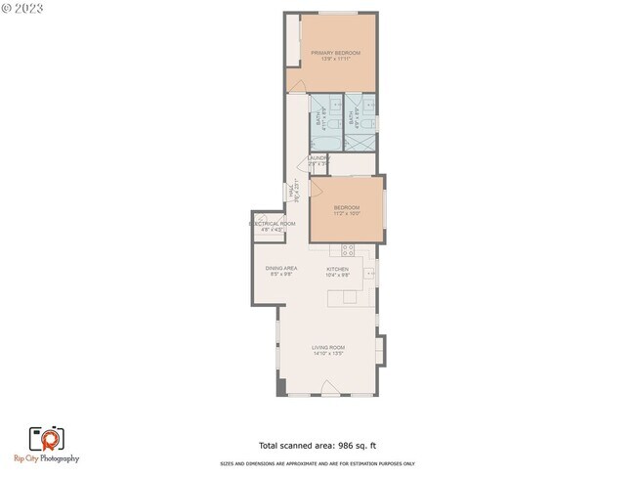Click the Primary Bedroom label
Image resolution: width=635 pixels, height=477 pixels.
[x=335, y=52]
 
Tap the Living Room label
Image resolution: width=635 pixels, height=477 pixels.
[x=328, y=347]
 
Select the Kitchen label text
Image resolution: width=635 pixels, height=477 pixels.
[x=337, y=269]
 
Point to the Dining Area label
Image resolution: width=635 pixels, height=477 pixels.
[x=281, y=269]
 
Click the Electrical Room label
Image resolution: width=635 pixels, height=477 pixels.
[x=272, y=224]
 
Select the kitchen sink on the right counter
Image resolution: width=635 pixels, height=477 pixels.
[x=368, y=275]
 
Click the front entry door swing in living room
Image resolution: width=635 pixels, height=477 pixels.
[x=330, y=391]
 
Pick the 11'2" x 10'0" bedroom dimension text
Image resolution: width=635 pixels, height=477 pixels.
[x=347, y=214]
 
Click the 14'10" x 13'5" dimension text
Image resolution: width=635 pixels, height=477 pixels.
[x=328, y=353]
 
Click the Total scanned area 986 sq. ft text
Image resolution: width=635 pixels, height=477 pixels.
[x=317, y=444]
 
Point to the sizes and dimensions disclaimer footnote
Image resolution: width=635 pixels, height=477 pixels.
[x=317, y=463]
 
